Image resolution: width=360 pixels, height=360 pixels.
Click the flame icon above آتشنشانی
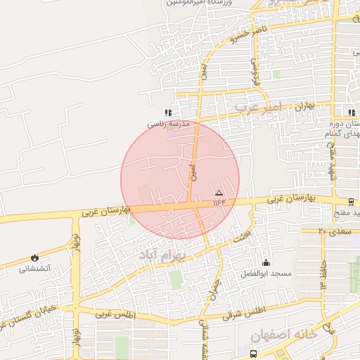34,257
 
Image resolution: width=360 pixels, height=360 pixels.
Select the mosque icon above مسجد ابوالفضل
264,262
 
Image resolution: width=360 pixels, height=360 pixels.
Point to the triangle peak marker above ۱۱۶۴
219,193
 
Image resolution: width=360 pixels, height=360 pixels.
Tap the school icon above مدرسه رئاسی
167,112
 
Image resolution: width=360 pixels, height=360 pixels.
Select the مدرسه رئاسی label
169,123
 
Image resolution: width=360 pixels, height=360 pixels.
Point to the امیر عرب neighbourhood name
257,107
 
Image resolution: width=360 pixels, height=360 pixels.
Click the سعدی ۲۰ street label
332,231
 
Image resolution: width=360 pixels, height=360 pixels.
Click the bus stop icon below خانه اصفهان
253,354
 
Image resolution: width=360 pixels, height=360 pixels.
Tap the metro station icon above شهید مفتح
351,202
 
